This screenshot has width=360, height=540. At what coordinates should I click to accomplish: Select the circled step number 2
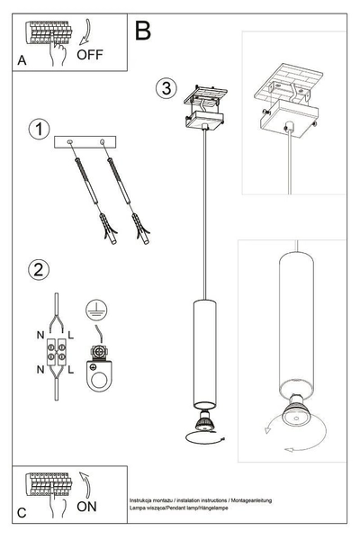point(38,269)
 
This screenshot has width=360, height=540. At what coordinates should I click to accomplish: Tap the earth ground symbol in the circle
point(94,310)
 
